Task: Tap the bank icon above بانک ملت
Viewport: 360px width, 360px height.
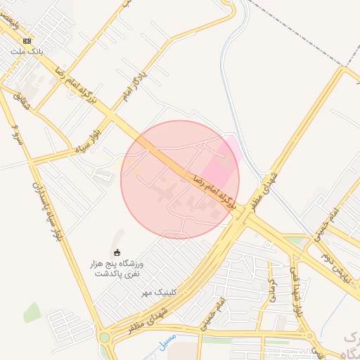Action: [x=27, y=41]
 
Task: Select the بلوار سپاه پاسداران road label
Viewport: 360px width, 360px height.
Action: [x=46, y=211]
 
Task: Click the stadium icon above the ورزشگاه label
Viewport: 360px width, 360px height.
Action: [x=117, y=252]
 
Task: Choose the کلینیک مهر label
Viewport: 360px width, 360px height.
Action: [x=157, y=292]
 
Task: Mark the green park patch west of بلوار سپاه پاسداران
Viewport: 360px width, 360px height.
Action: [x=32, y=312]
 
